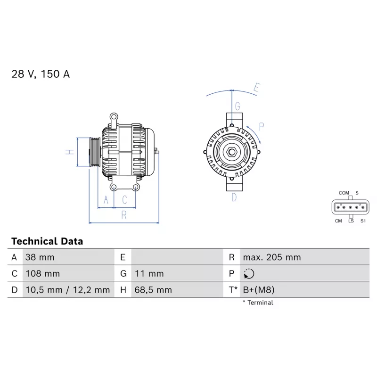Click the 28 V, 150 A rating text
[x=41, y=74]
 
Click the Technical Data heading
[x=47, y=241]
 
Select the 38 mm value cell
[x=40, y=257]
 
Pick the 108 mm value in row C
[x=42, y=274]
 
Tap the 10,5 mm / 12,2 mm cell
[x=67, y=290]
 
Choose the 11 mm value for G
[x=149, y=274]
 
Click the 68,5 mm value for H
[x=153, y=290]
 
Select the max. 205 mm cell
[x=272, y=257]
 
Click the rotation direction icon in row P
[x=249, y=274]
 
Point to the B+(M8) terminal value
[x=259, y=290]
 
